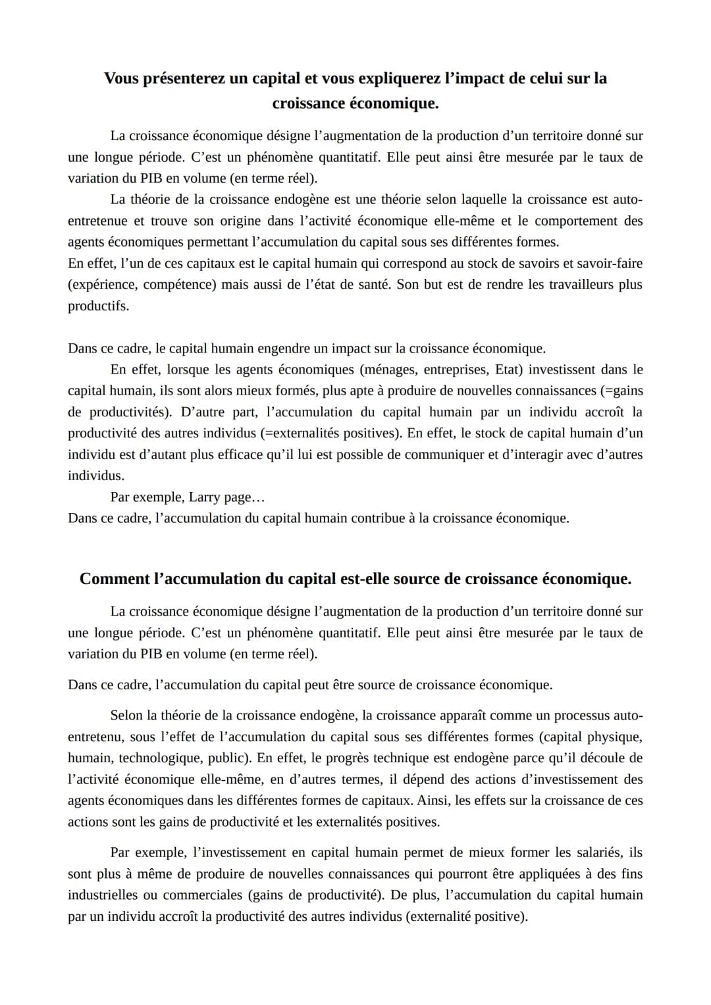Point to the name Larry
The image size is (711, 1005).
(x=204, y=497)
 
